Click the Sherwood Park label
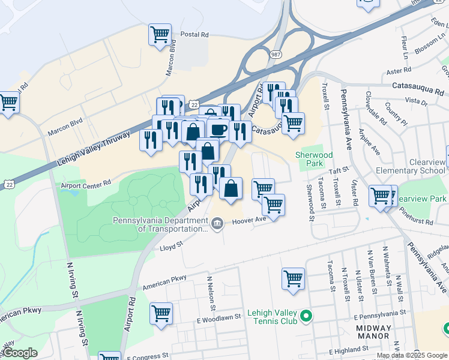tap(314, 159)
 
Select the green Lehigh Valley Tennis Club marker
tap(306, 315)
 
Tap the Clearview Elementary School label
tap(411, 166)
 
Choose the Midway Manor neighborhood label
tap(374, 333)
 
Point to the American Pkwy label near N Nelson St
tap(164, 282)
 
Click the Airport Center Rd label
tap(86, 184)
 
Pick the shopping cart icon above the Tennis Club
tap(293, 278)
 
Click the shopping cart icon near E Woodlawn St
tap(161, 313)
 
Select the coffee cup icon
tap(218, 129)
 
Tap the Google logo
tap(19, 353)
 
